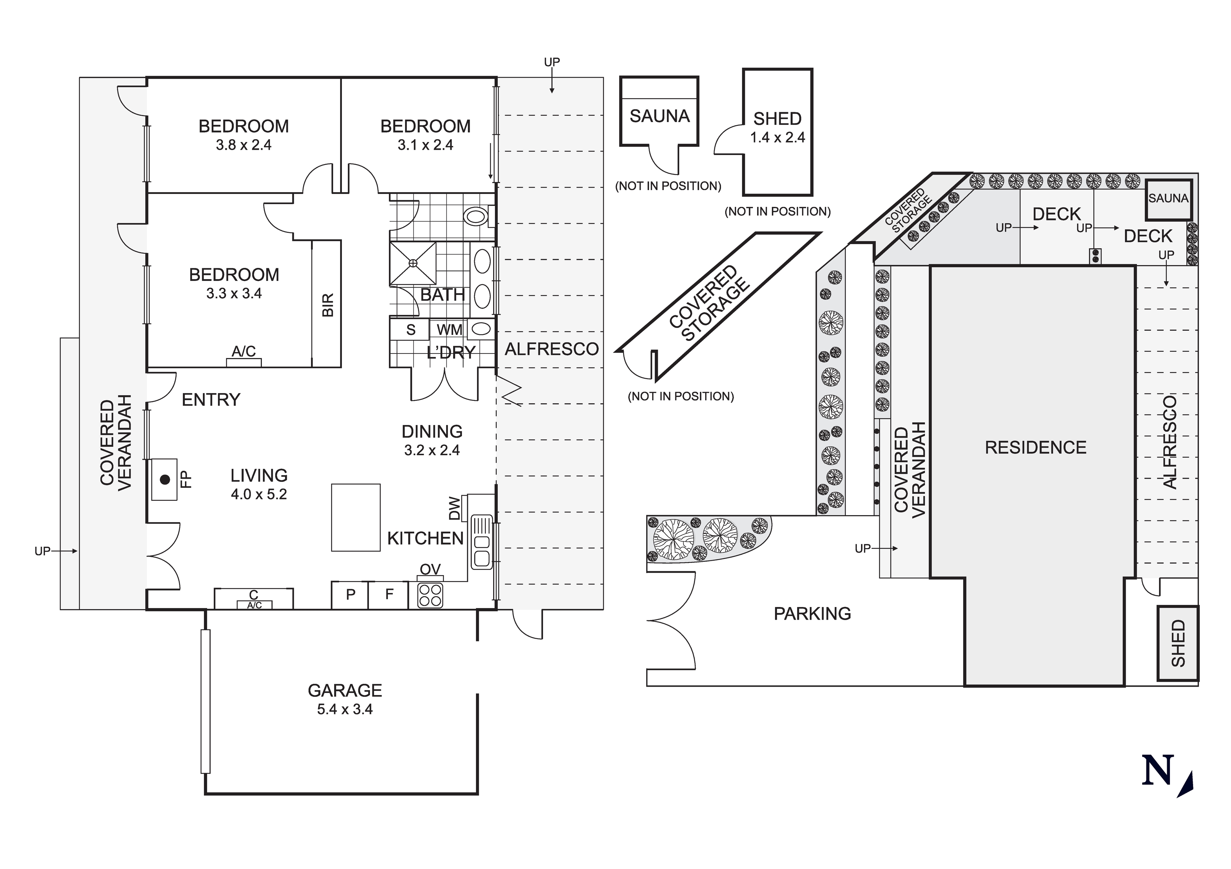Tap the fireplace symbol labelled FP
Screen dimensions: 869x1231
point(165,479)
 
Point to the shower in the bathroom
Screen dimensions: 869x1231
point(413,263)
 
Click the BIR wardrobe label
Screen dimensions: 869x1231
point(327,304)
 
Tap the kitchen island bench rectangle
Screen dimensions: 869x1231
point(356,518)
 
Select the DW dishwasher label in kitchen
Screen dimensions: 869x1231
point(454,508)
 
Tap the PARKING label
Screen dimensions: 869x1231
point(812,613)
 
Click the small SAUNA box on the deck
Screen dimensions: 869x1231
point(1168,198)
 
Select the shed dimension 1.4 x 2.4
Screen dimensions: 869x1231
point(777,138)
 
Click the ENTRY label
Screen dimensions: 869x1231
point(211,400)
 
